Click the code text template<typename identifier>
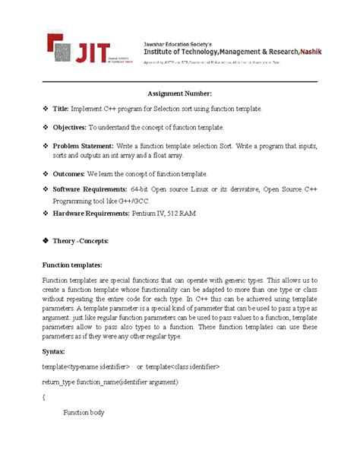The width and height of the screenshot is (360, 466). coord(86,366)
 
